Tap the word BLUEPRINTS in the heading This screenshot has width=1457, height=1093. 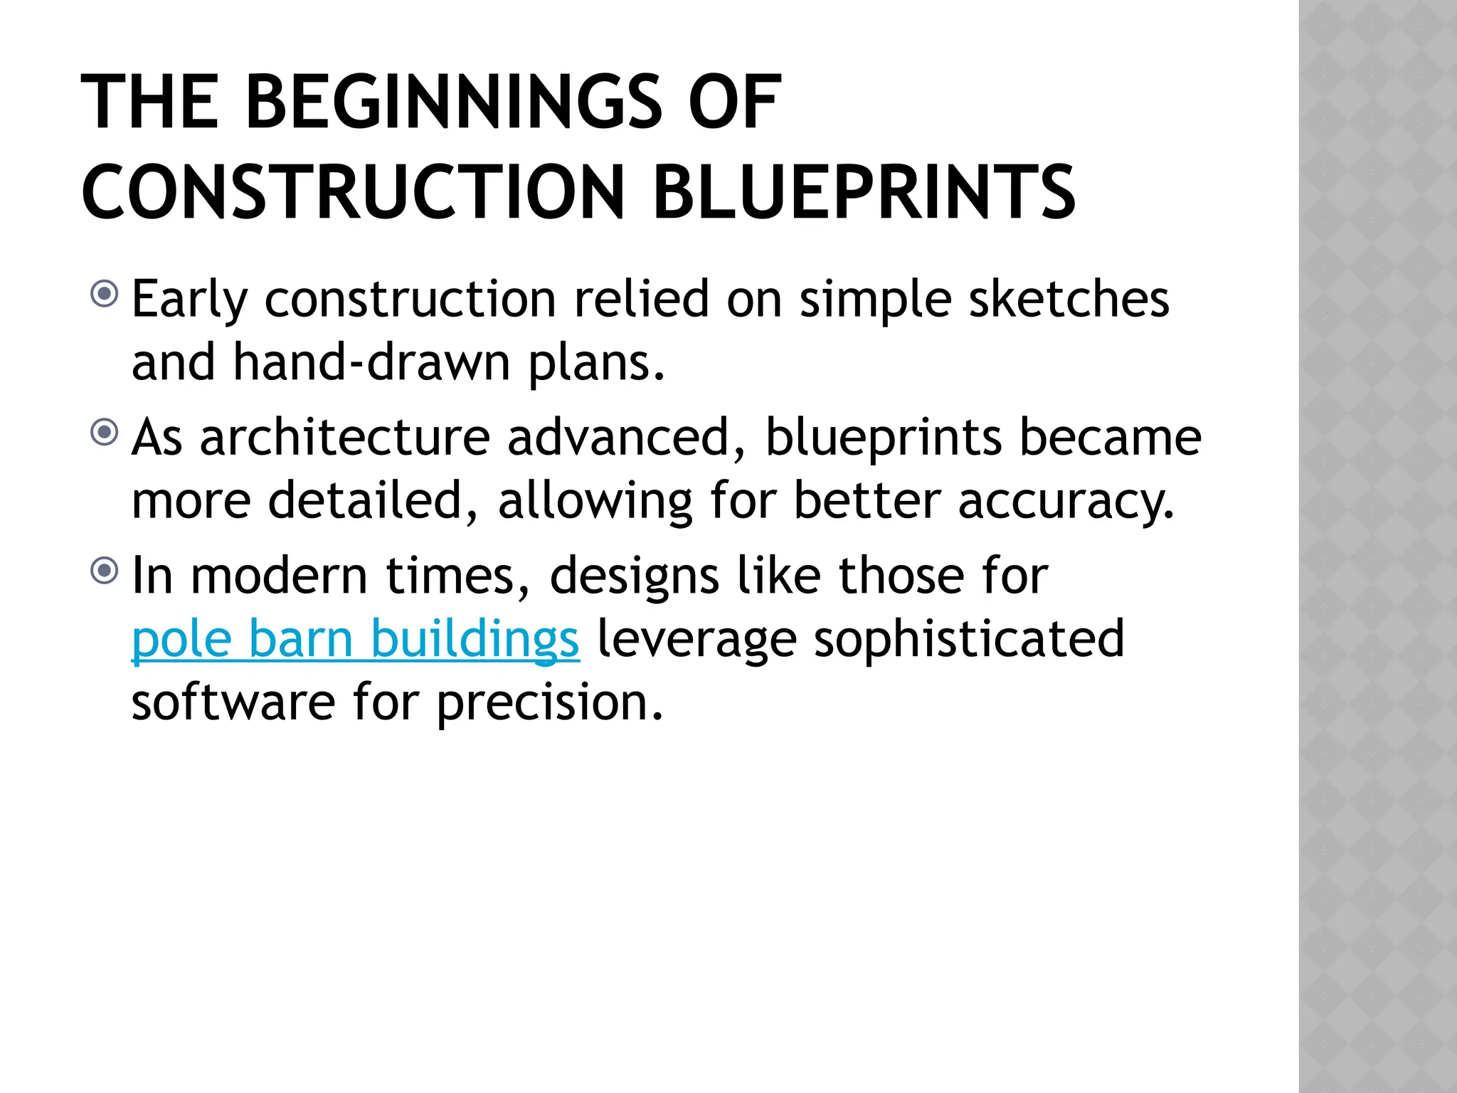864,192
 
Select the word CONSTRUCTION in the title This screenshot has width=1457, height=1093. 353,192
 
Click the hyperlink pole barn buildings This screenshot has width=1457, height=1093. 355,638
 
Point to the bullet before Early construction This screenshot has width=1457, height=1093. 105,293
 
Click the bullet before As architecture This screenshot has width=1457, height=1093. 105,432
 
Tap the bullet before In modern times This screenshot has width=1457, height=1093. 105,570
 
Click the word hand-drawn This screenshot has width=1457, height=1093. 371,362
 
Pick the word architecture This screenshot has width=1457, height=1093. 345,437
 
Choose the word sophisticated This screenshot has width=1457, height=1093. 969,638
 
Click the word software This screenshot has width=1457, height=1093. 233,702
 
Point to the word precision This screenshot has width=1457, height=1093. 549,703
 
